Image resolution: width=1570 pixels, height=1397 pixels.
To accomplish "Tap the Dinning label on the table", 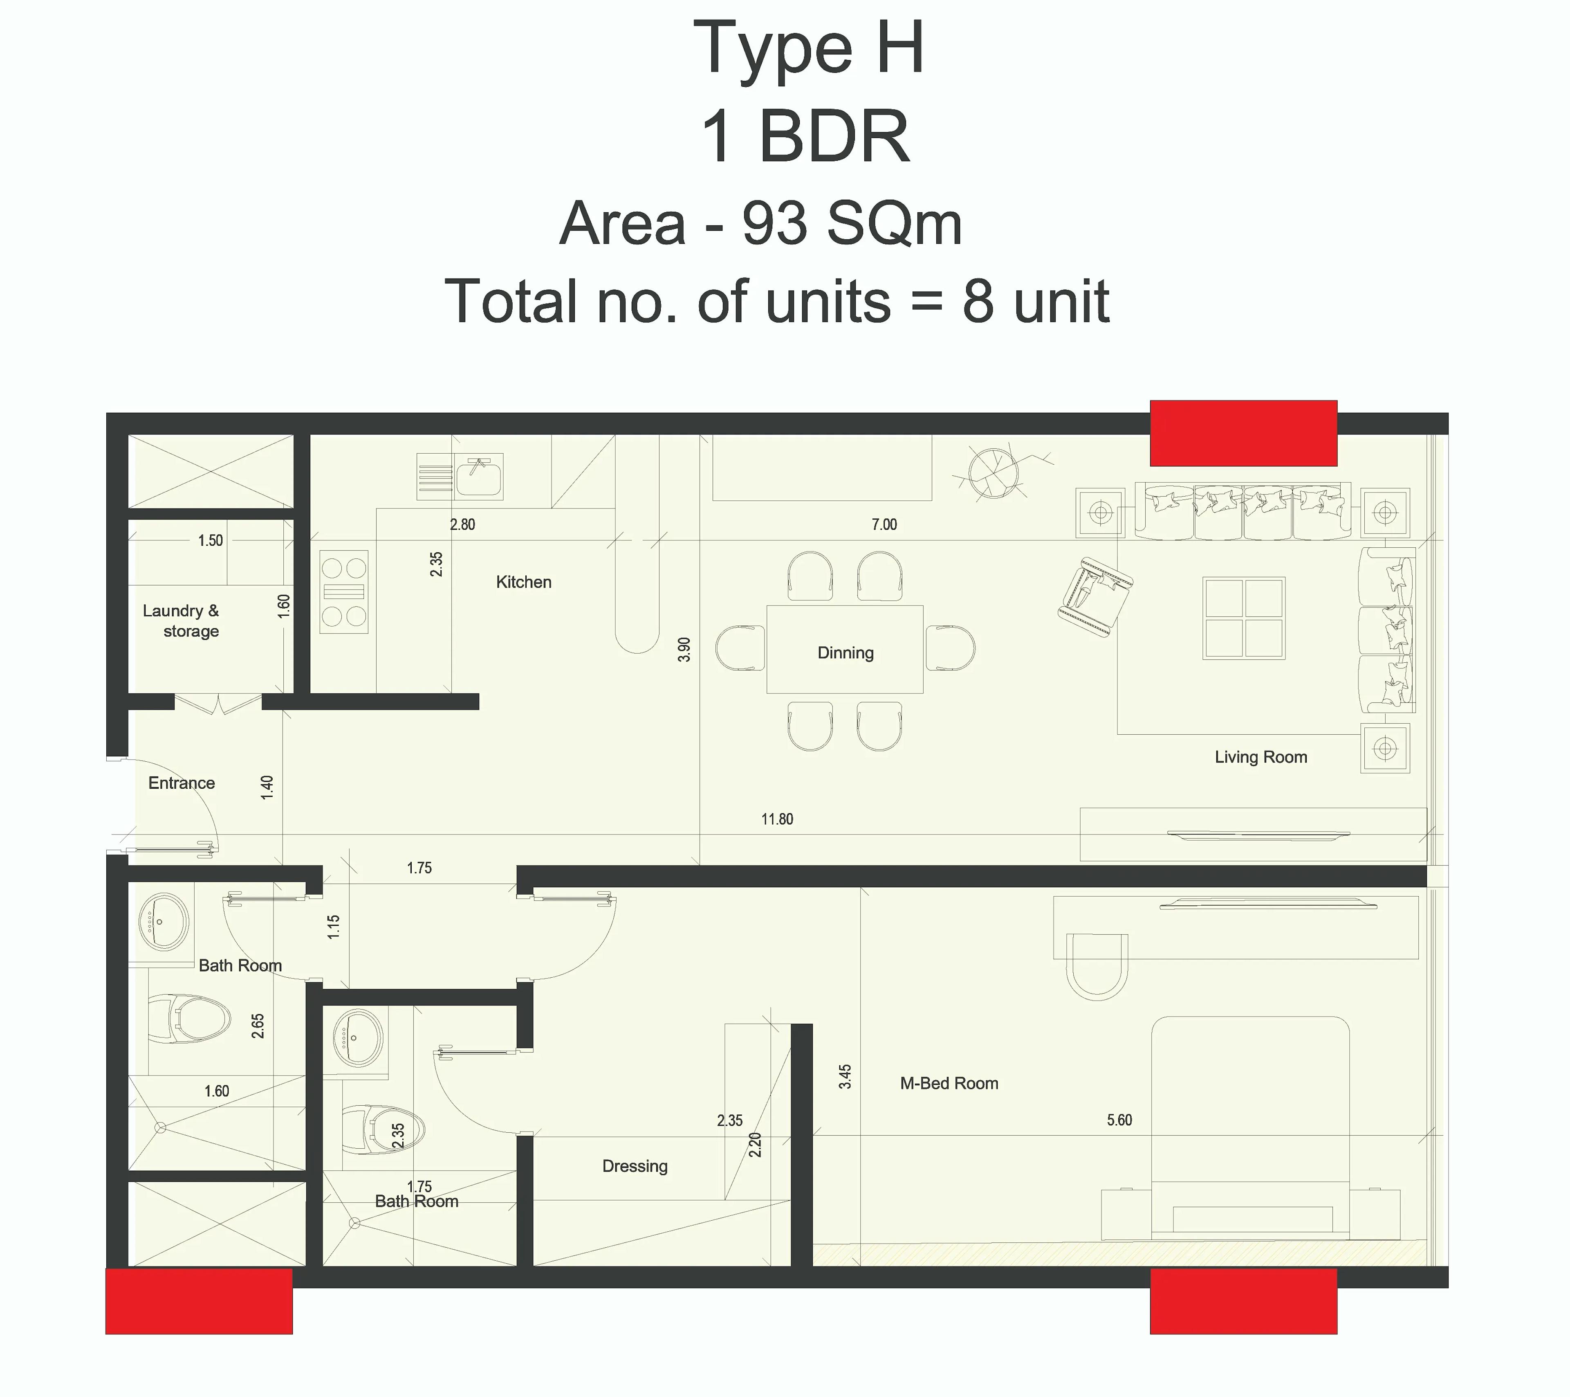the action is pyautogui.click(x=845, y=653).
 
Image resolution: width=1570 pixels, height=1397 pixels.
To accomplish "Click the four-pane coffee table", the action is pyautogui.click(x=1244, y=619).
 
